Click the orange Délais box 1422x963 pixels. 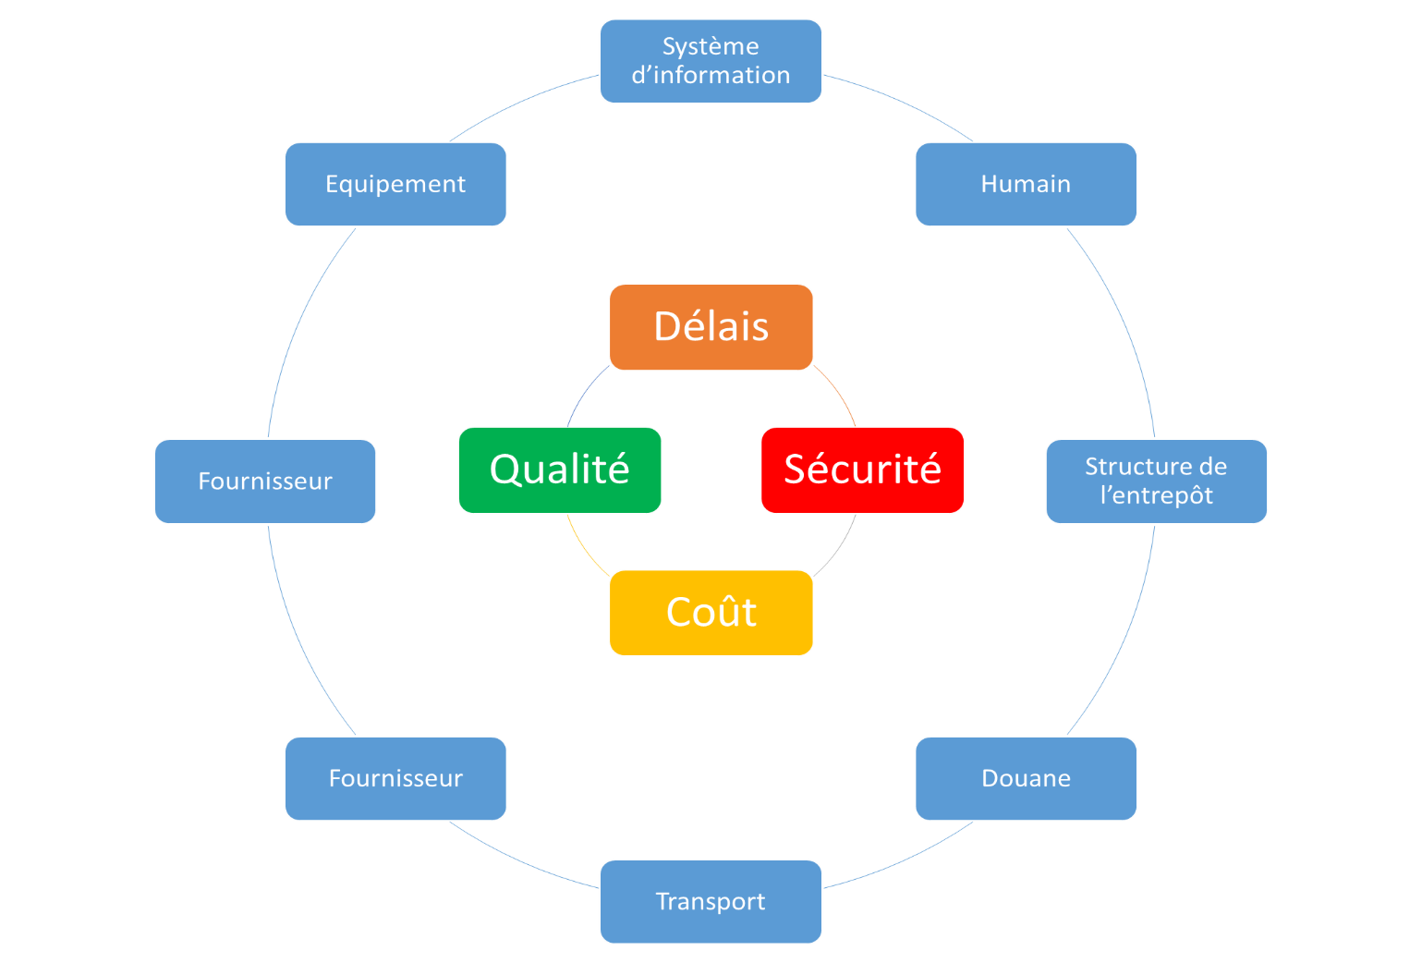point(711,327)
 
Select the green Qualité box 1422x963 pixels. point(560,469)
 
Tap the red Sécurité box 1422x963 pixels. point(862,469)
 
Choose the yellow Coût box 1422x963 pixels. point(711,613)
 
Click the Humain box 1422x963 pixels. point(1026,184)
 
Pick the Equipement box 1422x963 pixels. point(395,184)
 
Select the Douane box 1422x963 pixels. point(1026,778)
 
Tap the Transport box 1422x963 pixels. point(711,901)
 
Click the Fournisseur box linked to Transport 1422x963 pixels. point(395,778)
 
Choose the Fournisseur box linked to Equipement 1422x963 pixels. point(265,481)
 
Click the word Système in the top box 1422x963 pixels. point(711,46)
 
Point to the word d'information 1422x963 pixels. point(711,75)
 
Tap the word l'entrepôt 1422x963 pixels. point(1156,495)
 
